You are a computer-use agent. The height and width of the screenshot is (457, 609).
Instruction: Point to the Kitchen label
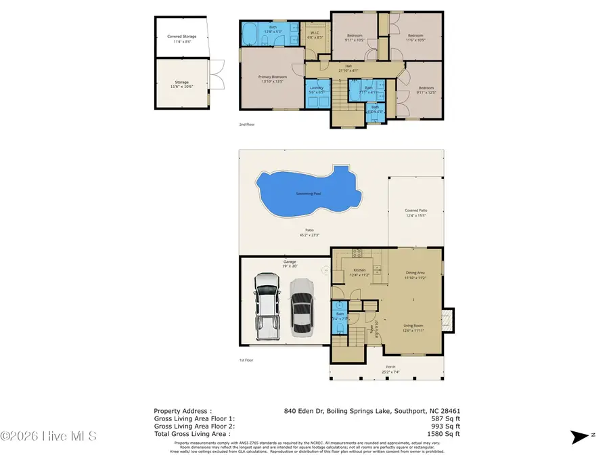pyautogui.click(x=359, y=271)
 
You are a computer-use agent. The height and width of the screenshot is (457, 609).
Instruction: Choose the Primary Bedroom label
pyautogui.click(x=273, y=77)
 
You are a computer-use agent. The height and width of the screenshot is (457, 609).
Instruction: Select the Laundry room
pyautogui.click(x=316, y=89)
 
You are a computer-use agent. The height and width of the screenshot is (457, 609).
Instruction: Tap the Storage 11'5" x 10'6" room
pyautogui.click(x=181, y=83)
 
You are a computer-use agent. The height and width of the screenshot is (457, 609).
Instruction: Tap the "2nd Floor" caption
pyautogui.click(x=246, y=125)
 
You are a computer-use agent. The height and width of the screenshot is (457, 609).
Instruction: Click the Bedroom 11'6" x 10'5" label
pyautogui.click(x=415, y=37)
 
